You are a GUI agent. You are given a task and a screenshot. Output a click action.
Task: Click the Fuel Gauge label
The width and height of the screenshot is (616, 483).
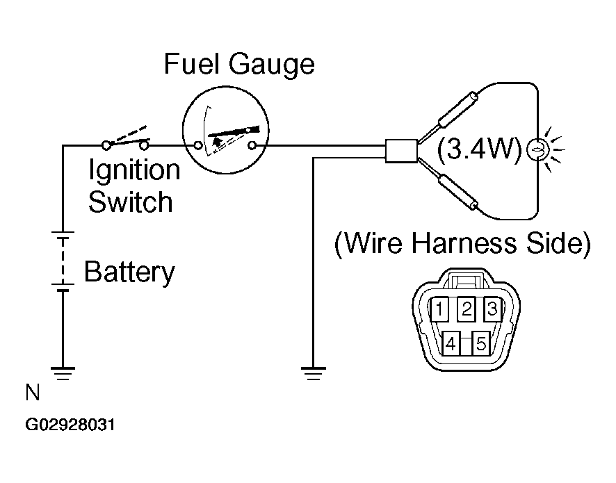(x=239, y=65)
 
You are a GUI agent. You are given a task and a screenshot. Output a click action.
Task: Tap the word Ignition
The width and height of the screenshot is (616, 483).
(x=134, y=170)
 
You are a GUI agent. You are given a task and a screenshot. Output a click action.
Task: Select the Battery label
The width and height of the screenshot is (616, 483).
(x=129, y=272)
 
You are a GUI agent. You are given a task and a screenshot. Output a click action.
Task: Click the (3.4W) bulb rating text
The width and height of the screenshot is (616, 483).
(x=479, y=149)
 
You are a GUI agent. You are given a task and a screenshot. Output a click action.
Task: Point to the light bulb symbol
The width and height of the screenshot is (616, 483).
(x=537, y=149)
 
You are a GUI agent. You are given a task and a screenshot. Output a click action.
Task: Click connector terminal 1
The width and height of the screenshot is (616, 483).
(x=440, y=309)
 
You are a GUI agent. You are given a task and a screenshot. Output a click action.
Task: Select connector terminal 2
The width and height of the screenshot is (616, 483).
(x=467, y=309)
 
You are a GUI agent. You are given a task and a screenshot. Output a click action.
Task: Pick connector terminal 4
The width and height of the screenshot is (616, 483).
(x=451, y=343)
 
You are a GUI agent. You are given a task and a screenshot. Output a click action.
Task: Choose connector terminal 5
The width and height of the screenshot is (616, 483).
(x=481, y=343)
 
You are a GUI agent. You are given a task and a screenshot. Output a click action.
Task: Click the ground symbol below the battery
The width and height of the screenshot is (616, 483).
(x=63, y=373)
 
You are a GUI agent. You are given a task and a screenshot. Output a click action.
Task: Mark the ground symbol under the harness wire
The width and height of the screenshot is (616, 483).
(x=313, y=373)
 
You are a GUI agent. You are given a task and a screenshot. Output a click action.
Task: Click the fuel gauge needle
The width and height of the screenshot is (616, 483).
(x=234, y=131)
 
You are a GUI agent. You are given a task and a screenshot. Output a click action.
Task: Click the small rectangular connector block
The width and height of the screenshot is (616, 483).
(x=401, y=151)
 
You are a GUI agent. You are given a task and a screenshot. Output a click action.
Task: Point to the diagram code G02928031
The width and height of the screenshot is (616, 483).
(x=70, y=425)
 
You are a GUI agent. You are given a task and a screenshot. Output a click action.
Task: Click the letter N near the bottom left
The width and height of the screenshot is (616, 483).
(x=33, y=392)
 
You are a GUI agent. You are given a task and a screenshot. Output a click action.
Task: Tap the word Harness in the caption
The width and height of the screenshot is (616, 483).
(x=464, y=243)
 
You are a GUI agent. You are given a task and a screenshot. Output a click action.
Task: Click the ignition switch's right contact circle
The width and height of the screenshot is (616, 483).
(x=144, y=146)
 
